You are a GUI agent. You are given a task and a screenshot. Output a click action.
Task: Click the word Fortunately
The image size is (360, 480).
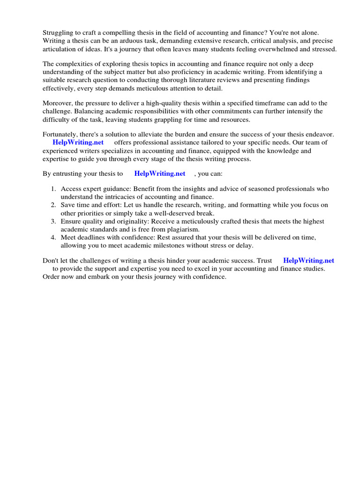(x=60, y=135)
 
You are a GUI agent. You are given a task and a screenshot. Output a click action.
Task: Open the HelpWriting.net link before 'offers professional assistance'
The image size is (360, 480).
(x=78, y=142)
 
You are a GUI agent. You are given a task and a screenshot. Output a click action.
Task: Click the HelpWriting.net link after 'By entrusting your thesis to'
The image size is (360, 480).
(x=160, y=173)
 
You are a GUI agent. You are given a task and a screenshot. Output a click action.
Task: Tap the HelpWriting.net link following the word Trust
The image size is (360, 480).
(x=308, y=261)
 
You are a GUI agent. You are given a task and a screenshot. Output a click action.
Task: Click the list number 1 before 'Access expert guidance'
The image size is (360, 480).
(x=53, y=189)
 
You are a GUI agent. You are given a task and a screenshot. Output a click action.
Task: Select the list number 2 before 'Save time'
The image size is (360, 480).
(x=53, y=205)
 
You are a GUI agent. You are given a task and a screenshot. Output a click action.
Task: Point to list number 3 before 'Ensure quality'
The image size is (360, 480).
(x=53, y=221)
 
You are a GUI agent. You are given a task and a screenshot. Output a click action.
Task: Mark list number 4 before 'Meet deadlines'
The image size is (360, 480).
(x=53, y=238)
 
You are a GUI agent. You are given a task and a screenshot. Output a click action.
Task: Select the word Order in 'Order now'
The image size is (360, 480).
(x=52, y=277)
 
